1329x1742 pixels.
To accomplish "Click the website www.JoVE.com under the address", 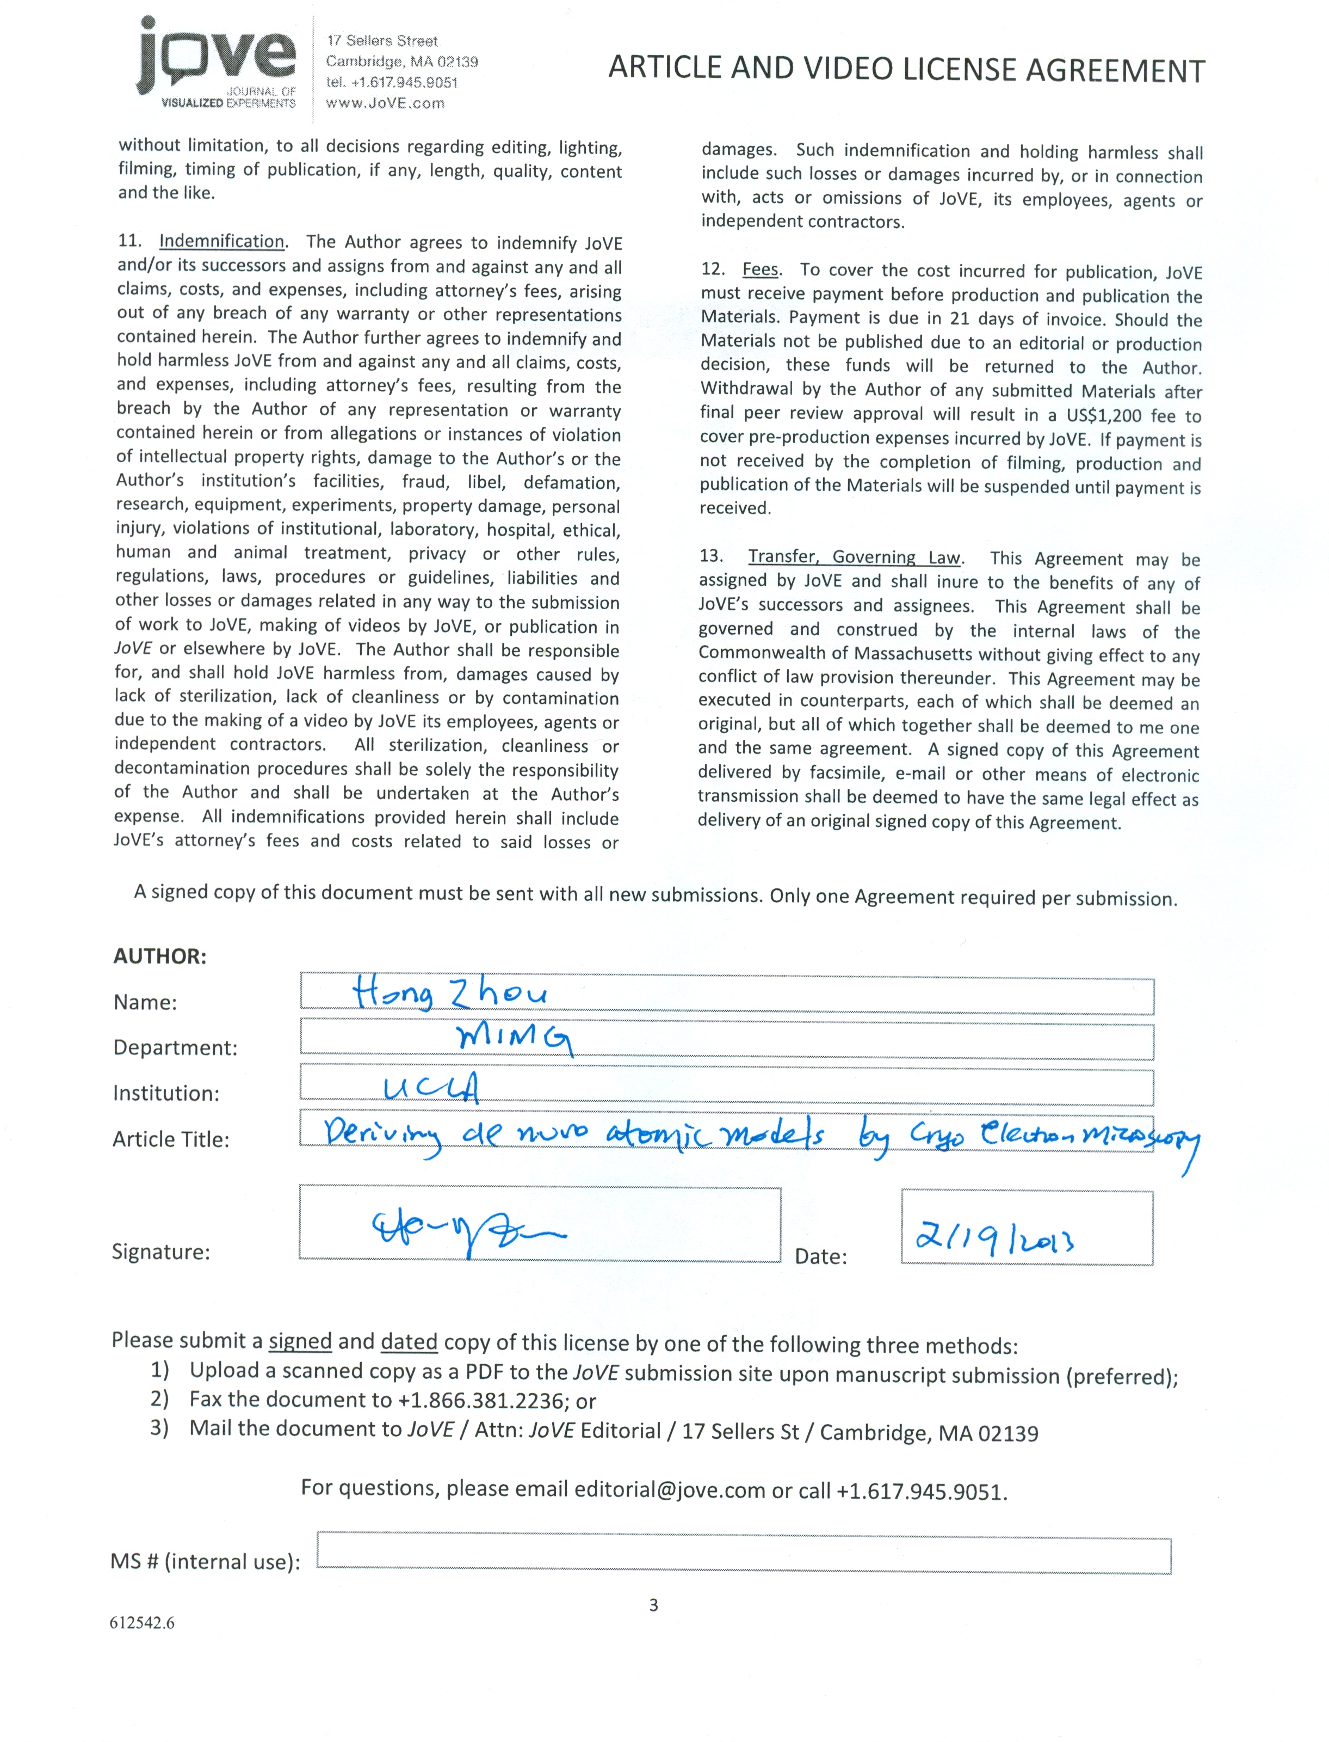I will (x=385, y=103).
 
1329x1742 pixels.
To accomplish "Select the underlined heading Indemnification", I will (x=221, y=241).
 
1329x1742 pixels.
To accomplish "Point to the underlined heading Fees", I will (x=760, y=270).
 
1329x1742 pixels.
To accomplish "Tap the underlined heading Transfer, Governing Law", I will (x=854, y=557).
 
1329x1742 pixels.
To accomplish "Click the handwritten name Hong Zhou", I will (x=449, y=993).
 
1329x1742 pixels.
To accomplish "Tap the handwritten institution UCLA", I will (x=431, y=1089).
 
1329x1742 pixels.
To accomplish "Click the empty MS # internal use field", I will (x=744, y=1555).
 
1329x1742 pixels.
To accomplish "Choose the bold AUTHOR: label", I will (x=160, y=956).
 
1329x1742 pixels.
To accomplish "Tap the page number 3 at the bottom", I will (x=653, y=1605).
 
